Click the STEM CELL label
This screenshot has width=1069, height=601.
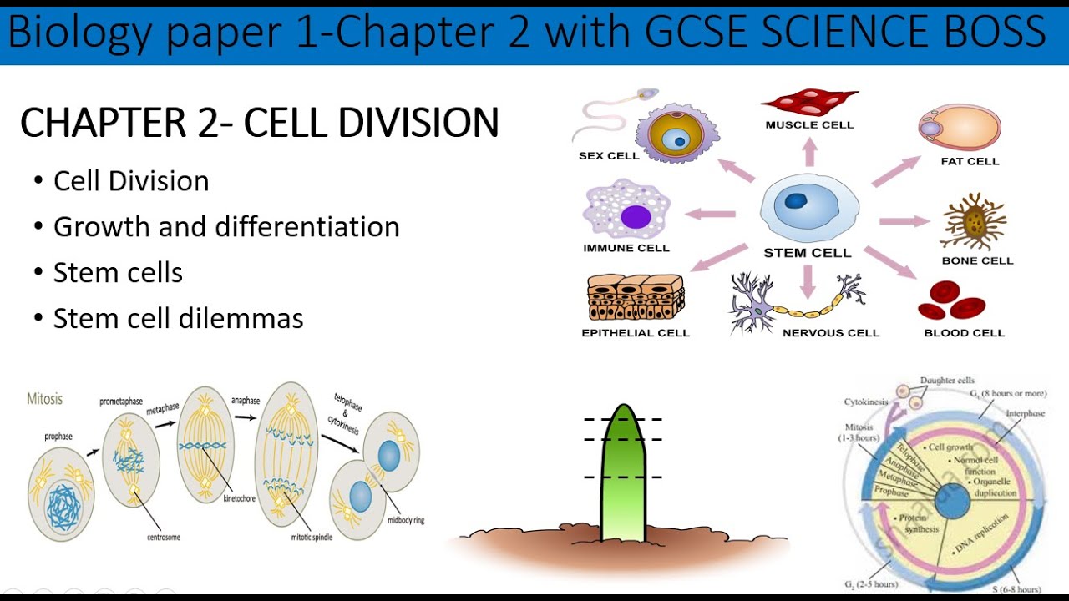point(807,253)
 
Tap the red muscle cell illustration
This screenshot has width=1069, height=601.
point(808,103)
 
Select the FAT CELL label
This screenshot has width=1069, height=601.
point(970,161)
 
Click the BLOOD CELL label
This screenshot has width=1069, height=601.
point(964,333)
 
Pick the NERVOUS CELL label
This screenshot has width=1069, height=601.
point(830,333)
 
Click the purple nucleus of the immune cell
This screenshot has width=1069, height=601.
point(636,217)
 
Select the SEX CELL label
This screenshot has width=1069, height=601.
point(609,156)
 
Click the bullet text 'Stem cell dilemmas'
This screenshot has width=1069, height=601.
point(178,318)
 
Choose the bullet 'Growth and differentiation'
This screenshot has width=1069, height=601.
point(226,227)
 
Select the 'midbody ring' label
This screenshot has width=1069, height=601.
point(406,520)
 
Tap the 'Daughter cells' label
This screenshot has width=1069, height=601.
point(946,381)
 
